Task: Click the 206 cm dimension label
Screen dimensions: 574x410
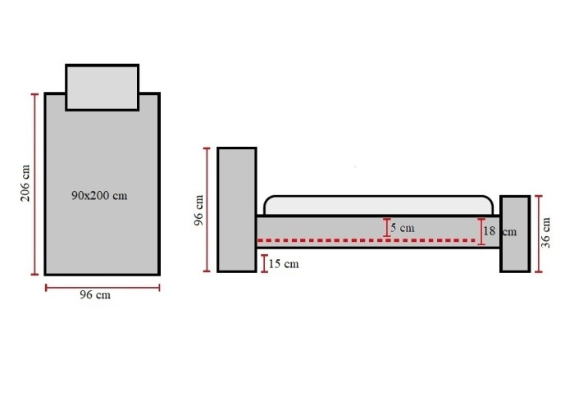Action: tap(25, 183)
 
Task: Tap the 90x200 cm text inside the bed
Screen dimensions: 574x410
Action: tap(99, 195)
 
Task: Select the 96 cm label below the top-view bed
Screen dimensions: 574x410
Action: tap(95, 294)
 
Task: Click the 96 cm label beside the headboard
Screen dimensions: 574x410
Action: tap(198, 210)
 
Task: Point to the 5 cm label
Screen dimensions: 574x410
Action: tap(403, 228)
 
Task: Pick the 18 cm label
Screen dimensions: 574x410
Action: tap(499, 231)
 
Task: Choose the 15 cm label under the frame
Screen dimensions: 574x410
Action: tap(284, 263)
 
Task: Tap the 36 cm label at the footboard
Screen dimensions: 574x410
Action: tap(545, 232)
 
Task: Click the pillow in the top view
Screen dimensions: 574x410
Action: tap(102, 87)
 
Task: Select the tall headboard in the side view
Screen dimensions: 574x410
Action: tap(237, 210)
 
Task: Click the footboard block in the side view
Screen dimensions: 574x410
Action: tap(515, 234)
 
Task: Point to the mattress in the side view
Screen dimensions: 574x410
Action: tap(379, 205)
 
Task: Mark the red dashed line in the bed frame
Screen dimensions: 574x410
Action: tap(367, 240)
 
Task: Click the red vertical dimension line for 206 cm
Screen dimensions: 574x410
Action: tap(34, 184)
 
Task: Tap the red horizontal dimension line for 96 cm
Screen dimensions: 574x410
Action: tap(102, 288)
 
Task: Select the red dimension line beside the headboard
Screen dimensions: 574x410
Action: tap(207, 210)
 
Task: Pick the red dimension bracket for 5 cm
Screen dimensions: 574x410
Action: tap(386, 228)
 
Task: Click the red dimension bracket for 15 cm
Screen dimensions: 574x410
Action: tap(264, 263)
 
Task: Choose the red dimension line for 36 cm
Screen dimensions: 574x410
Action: tap(538, 234)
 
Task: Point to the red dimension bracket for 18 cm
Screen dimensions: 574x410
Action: tap(481, 231)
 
